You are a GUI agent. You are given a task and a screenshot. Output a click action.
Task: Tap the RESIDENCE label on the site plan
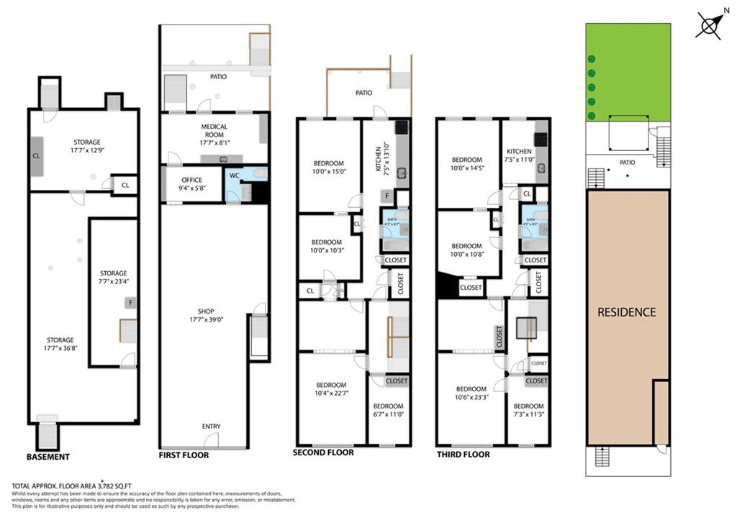point(627,312)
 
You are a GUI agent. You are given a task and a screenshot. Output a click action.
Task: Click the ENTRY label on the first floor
point(211,427)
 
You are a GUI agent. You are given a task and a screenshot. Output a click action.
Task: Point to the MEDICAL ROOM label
point(214,131)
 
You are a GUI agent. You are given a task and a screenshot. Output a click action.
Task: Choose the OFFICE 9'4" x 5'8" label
point(191,184)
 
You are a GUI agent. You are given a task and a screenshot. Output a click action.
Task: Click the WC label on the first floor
point(235,175)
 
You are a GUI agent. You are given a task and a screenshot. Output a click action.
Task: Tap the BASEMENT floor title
point(48,457)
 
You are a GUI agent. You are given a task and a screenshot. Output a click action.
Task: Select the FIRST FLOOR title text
point(184,455)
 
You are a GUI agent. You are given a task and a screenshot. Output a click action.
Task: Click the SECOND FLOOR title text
point(323,453)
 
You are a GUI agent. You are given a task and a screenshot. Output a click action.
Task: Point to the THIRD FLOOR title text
point(463,455)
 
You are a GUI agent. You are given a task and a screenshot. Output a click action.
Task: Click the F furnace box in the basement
point(130,303)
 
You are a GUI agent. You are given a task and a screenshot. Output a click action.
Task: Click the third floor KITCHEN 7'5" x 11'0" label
point(519,155)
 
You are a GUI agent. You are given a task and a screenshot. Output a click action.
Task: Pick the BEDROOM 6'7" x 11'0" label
point(389,410)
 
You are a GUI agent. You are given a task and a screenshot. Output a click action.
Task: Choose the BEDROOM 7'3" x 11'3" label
point(528,410)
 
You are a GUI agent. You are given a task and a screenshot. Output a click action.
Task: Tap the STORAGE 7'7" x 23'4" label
point(114,278)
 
